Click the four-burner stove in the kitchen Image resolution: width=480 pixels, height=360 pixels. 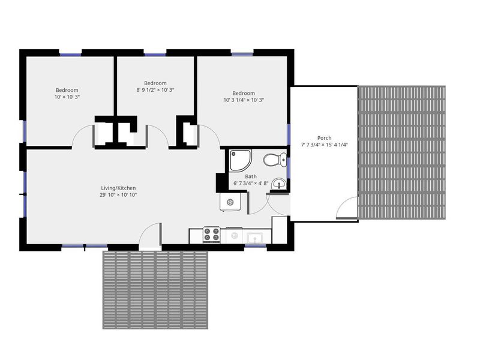pos(212,234)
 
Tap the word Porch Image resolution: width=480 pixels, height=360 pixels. pos(324,138)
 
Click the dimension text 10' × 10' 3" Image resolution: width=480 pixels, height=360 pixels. pos(67,97)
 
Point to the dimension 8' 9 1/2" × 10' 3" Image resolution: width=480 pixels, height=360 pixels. pos(155,90)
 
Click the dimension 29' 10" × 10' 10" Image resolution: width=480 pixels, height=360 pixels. pos(118,195)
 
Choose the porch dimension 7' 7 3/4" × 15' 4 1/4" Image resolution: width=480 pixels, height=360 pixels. pos(324,145)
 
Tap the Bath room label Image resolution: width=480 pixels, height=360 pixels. pos(251,176)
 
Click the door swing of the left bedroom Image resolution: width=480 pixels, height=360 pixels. pos(83,136)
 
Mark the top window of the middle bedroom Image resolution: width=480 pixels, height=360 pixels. pos(155,55)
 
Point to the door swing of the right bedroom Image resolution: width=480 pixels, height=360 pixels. pos(209,136)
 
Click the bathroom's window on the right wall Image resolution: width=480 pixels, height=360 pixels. pos(289,169)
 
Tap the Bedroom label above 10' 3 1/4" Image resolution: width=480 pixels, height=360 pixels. pos(244,93)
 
